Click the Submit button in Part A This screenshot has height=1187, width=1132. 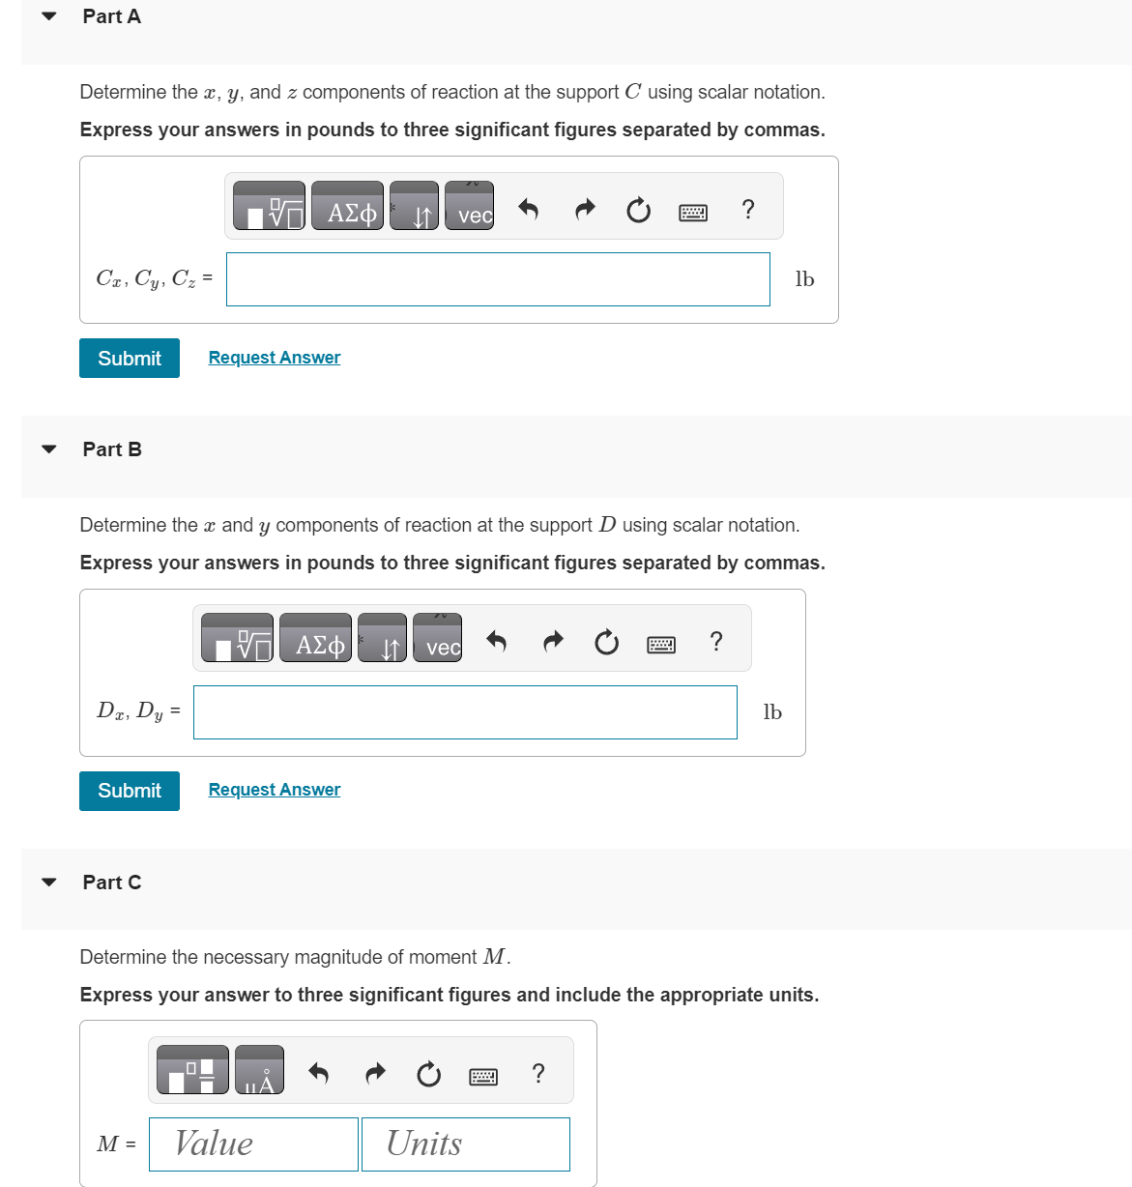[130, 359]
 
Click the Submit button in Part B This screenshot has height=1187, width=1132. [130, 791]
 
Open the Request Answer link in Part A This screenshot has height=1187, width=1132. [275, 358]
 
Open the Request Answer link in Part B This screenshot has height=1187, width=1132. [275, 790]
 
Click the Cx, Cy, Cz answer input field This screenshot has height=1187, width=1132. [498, 279]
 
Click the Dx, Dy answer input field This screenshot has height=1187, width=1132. [465, 712]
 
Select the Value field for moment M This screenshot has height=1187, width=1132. [253, 1144]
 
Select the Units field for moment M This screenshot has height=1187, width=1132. [465, 1144]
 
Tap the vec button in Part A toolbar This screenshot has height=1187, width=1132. [470, 207]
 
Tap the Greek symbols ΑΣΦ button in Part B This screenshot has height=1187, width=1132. [316, 639]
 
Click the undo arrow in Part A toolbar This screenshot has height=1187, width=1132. [528, 209]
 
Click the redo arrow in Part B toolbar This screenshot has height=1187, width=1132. [553, 641]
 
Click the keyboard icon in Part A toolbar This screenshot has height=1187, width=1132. [693, 212]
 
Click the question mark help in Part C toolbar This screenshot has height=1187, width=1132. [538, 1073]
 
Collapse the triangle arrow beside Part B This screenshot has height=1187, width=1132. [49, 449]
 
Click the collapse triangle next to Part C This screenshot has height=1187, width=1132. [49, 883]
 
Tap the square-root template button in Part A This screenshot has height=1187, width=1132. [270, 207]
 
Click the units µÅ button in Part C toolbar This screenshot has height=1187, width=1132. [259, 1071]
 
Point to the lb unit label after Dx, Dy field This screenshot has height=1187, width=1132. [772, 712]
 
